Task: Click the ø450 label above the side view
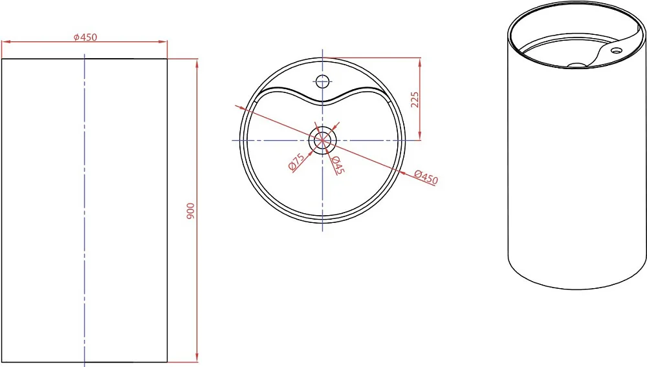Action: [85, 37]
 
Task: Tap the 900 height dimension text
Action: [190, 211]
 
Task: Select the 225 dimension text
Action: [414, 100]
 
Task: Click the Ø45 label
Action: [337, 165]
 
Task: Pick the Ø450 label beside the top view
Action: [426, 177]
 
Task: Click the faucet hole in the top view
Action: [322, 81]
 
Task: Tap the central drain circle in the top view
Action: [322, 140]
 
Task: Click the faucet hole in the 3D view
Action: [617, 50]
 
